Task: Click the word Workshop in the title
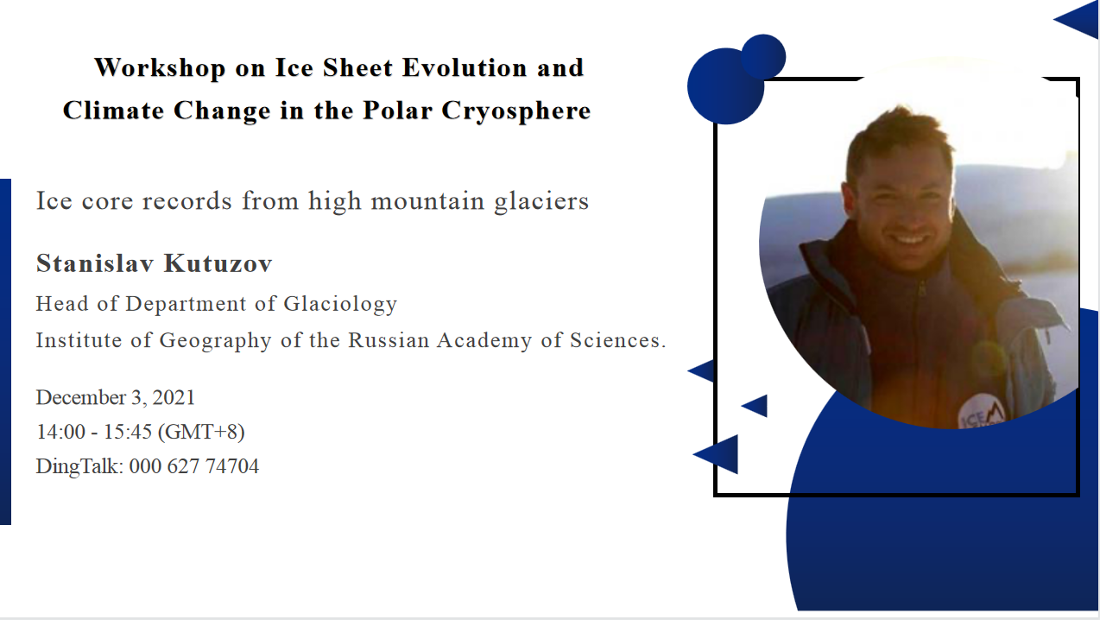(x=160, y=68)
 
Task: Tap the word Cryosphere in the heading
(x=516, y=111)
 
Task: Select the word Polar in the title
(x=398, y=110)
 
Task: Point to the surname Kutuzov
(x=218, y=263)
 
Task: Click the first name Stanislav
(x=95, y=263)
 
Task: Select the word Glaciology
(x=340, y=304)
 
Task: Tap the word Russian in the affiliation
(x=389, y=340)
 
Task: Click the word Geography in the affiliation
(x=216, y=341)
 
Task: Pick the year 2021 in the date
(x=174, y=397)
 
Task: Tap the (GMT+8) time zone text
(x=201, y=433)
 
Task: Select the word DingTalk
(x=79, y=466)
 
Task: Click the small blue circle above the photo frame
(x=763, y=56)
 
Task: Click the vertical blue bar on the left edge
(x=5, y=351)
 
